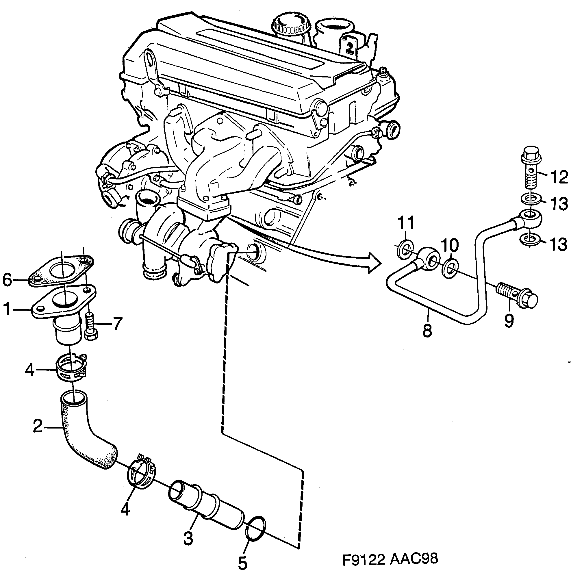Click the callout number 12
558,177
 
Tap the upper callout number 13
558,204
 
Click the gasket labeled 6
62,271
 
